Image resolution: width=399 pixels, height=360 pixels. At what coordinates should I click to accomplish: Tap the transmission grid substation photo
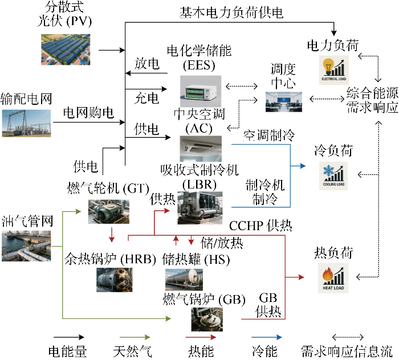[x=26, y=122]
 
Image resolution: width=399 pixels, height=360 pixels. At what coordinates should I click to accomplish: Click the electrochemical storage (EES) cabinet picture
[x=202, y=88]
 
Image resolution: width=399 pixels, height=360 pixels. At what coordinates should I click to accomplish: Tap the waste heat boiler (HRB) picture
[x=112, y=280]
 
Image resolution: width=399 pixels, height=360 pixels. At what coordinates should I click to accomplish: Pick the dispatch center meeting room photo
[x=284, y=101]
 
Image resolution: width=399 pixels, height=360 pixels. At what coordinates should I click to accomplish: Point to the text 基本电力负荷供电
[x=231, y=12]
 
